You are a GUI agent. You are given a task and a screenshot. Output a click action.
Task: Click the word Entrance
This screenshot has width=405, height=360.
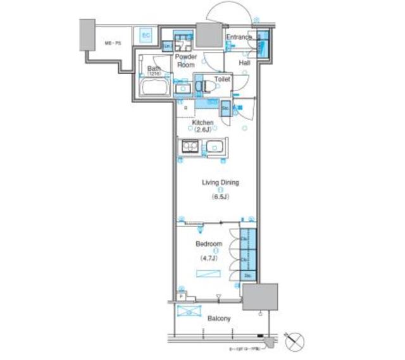pyautogui.click(x=240, y=37)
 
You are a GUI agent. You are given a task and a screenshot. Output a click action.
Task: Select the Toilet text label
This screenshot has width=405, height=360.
pyautogui.click(x=222, y=80)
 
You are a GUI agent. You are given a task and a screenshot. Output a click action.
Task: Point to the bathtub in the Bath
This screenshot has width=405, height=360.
pyautogui.click(x=154, y=88)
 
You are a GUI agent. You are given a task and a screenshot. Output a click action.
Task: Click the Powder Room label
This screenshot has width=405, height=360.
pyautogui.click(x=186, y=61)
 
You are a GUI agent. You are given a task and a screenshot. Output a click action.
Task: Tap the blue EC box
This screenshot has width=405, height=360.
pyautogui.click(x=146, y=35)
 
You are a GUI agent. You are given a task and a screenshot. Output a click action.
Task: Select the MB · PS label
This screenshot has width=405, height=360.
pyautogui.click(x=113, y=43)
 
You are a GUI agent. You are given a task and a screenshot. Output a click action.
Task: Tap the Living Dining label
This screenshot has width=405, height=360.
pyautogui.click(x=220, y=183)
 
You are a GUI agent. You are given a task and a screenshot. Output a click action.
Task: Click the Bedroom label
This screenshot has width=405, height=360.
pyautogui.click(x=208, y=244)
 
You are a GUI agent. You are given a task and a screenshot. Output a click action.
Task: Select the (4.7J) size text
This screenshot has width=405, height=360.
pyautogui.click(x=209, y=258)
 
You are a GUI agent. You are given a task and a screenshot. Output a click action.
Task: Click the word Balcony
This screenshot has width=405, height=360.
pyautogui.click(x=218, y=319)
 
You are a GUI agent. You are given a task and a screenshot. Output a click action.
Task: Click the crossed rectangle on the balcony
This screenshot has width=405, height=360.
pyautogui.click(x=187, y=312)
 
